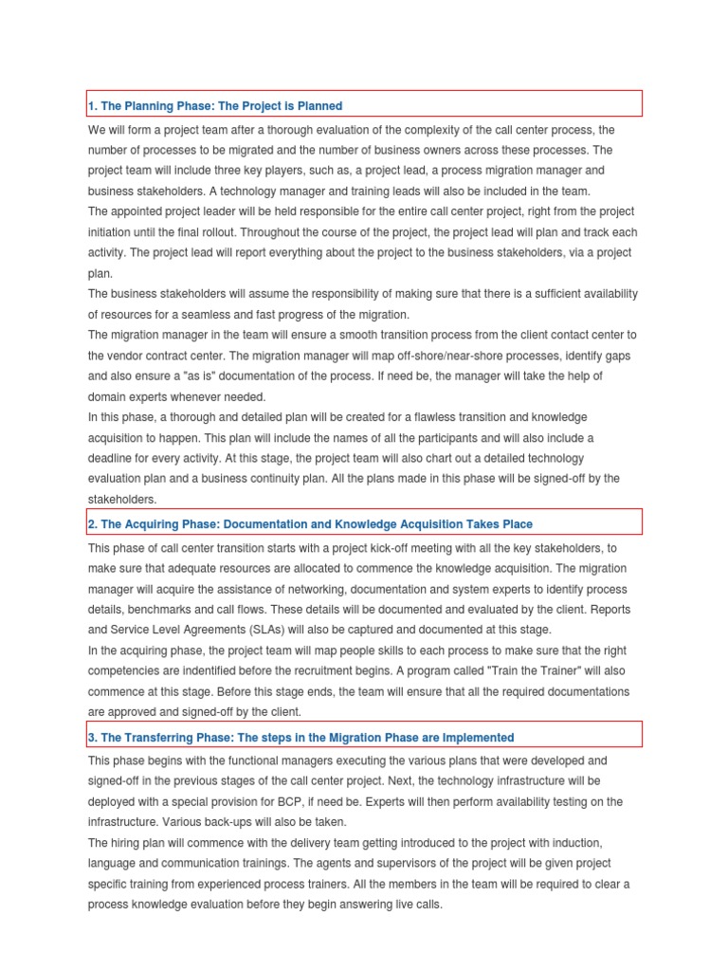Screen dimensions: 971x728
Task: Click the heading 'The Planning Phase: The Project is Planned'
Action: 215,106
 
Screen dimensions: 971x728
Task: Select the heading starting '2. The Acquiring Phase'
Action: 310,523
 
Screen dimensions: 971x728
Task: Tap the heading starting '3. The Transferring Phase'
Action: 300,737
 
